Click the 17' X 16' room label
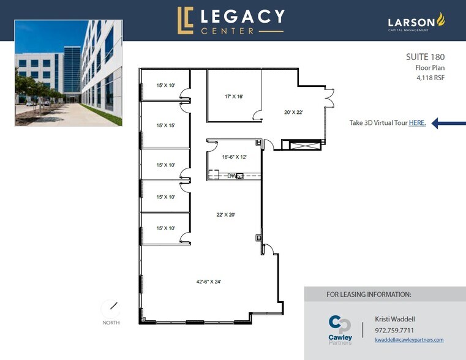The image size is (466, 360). click(x=234, y=97)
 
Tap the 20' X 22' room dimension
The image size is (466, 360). click(x=294, y=113)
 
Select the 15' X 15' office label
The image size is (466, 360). click(x=166, y=125)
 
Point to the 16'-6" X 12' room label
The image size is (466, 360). click(x=235, y=157)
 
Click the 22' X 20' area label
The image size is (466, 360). click(x=226, y=214)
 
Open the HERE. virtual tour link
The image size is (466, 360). click(x=417, y=123)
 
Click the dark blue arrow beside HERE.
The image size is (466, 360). click(x=446, y=123)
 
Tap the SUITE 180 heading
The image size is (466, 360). click(x=425, y=58)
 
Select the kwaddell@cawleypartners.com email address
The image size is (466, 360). click(x=409, y=340)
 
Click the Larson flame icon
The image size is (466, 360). click(x=440, y=20)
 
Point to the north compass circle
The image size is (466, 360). click(x=111, y=308)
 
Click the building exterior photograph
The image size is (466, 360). click(x=68, y=73)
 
